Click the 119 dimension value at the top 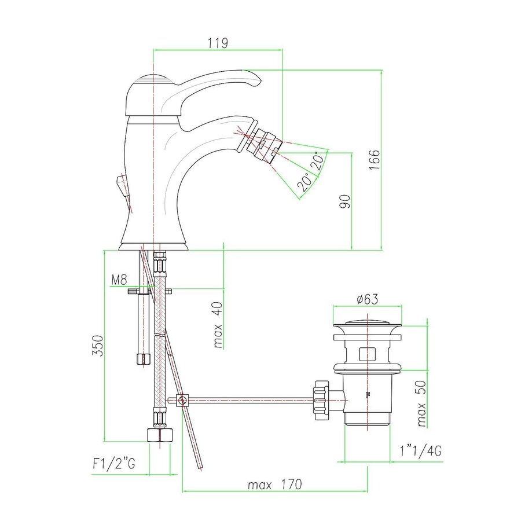click(x=217, y=43)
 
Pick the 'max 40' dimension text click(x=218, y=327)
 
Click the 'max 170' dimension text click(x=274, y=485)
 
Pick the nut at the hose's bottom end click(x=160, y=435)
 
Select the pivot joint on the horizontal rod click(x=182, y=400)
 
